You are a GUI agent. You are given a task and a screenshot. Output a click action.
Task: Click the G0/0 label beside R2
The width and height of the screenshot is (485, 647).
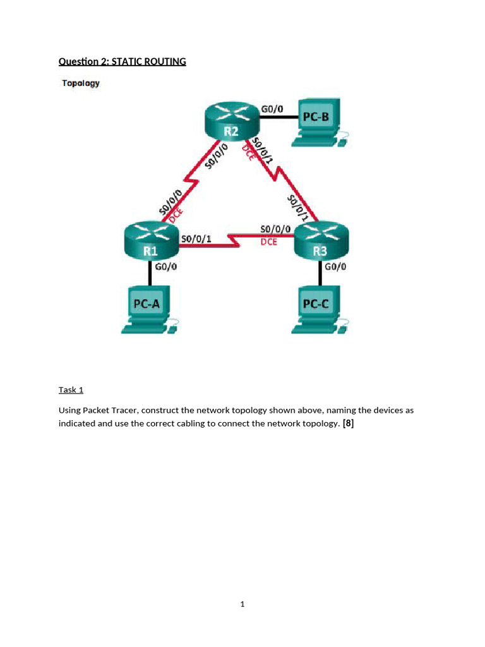[x=272, y=109]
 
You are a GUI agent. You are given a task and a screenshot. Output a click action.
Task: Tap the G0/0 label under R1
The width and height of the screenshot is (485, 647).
[x=167, y=267]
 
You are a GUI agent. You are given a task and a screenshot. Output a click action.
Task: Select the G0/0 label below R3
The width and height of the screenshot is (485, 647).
[x=336, y=267]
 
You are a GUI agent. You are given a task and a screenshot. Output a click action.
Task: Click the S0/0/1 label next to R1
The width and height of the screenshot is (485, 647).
[x=196, y=239]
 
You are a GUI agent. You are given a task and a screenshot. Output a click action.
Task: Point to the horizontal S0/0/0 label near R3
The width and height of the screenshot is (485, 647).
[x=275, y=228]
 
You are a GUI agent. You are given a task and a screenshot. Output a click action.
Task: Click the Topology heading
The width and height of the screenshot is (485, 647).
[x=80, y=83]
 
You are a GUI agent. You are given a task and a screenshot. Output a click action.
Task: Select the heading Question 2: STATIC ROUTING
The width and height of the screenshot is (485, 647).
[x=122, y=61]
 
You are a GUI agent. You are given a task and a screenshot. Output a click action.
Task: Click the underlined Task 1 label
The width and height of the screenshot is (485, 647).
[x=71, y=390]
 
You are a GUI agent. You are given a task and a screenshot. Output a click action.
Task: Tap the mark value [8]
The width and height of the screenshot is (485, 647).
[x=348, y=424]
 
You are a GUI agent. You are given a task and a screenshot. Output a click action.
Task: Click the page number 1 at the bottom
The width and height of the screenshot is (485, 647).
[x=242, y=605]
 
